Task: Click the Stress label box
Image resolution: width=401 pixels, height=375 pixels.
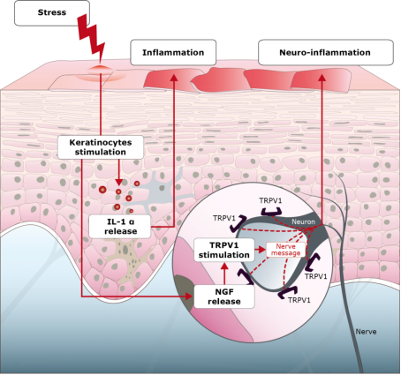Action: [x=52, y=13]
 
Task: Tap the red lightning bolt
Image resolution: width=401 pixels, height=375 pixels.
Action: [x=91, y=38]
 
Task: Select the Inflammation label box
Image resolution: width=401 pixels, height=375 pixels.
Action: [x=173, y=52]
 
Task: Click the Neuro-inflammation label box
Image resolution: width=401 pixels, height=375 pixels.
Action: [x=326, y=52]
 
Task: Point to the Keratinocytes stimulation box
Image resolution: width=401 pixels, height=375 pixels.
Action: [x=101, y=147]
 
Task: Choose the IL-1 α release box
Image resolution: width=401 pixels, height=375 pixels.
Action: [x=120, y=226]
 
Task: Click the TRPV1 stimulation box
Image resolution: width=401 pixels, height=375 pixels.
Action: [x=224, y=250]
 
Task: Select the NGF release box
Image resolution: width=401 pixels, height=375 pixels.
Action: [x=224, y=296]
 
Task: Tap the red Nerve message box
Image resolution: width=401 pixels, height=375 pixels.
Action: [x=285, y=250]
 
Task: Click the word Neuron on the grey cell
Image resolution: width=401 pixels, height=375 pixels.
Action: [x=303, y=221]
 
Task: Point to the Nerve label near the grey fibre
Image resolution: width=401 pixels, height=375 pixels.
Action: [x=366, y=332]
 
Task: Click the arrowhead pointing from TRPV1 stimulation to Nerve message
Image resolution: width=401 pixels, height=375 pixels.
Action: [x=262, y=250]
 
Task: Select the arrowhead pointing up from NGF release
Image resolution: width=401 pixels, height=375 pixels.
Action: [x=224, y=266]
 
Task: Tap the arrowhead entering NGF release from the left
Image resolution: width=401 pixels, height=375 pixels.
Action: [x=190, y=296]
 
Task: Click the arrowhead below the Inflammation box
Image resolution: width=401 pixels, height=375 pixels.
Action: [x=174, y=78]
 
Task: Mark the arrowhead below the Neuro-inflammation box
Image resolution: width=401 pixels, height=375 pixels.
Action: [x=322, y=78]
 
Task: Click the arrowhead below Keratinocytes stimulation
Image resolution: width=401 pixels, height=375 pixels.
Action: [x=118, y=183]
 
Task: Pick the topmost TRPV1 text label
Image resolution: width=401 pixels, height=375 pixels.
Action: [x=270, y=200]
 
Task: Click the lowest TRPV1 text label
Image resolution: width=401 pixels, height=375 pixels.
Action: [x=299, y=300]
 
